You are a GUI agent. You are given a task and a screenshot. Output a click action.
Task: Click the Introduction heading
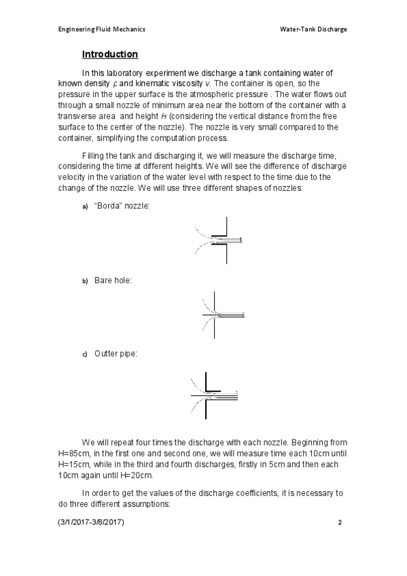(x=109, y=54)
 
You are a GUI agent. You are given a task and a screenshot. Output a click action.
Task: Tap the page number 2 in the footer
(x=339, y=524)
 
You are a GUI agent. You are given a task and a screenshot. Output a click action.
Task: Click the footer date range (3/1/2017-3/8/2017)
(x=92, y=524)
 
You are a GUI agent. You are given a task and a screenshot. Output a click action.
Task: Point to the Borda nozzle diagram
(x=218, y=240)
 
